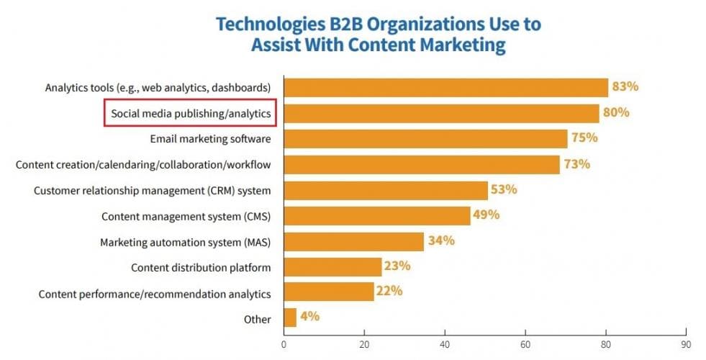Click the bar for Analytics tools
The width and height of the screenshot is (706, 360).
coord(446,87)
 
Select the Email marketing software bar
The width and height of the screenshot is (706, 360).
coord(426,138)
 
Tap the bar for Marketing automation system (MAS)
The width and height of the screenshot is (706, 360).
coord(353,240)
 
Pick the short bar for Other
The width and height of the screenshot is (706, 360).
coord(291,318)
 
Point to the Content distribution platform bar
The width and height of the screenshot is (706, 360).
coord(332,266)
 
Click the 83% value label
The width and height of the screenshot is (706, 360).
coord(625,87)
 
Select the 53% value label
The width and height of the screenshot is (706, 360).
coord(504,189)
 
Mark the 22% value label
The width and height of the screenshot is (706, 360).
coord(389,292)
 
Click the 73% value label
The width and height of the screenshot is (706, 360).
coord(576,164)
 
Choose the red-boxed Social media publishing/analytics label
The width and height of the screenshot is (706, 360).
coord(191,113)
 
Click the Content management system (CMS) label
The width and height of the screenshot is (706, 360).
coord(186,216)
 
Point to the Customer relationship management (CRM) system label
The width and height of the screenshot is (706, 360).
coord(152,191)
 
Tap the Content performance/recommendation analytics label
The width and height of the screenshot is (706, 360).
coord(155,294)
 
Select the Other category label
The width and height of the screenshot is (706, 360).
coord(257,319)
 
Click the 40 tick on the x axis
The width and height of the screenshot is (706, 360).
coord(445,343)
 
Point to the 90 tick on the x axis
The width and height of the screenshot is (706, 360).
coord(686,343)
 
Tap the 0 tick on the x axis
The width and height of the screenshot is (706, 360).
coord(284,343)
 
